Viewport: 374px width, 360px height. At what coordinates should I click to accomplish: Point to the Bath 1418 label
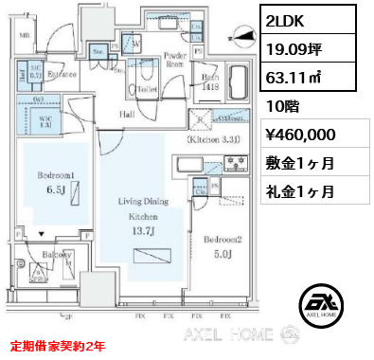(210, 83)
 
